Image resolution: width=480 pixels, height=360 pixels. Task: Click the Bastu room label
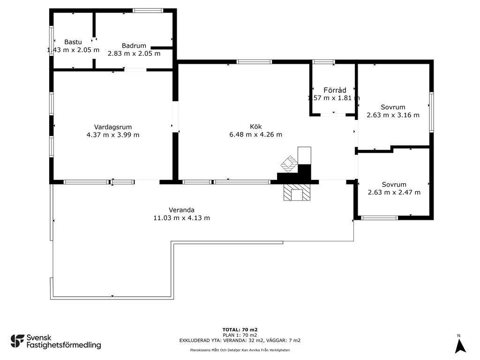(x=73, y=42)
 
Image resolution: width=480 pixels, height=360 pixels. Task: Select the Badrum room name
(x=134, y=45)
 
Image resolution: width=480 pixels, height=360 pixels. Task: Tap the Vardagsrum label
(x=113, y=127)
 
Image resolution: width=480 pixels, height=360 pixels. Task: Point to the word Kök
(x=255, y=127)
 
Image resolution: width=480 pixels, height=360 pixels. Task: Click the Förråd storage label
(x=335, y=90)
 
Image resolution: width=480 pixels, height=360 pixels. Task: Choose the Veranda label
(x=181, y=210)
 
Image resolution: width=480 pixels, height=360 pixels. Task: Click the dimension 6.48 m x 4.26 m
(x=255, y=135)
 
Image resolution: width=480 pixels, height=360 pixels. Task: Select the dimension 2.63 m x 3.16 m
(x=393, y=115)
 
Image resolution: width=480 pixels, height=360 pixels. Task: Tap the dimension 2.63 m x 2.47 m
(x=394, y=192)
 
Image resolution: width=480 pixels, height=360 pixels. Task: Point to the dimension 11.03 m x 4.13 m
(x=181, y=218)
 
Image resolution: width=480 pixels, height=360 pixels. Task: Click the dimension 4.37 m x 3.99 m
(x=113, y=135)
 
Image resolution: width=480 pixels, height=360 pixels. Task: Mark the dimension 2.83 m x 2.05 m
(x=134, y=53)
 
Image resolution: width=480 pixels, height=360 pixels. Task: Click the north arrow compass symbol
(x=460, y=346)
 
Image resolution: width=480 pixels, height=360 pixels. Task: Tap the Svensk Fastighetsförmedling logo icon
(x=17, y=341)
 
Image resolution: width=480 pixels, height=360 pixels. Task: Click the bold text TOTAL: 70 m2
(x=240, y=330)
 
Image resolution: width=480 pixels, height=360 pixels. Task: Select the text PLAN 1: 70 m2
(x=240, y=335)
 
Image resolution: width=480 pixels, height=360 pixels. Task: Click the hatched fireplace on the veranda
(x=297, y=192)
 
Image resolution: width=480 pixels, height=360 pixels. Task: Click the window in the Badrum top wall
(x=148, y=11)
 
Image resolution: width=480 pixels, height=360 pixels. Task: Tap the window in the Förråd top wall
(x=323, y=62)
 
